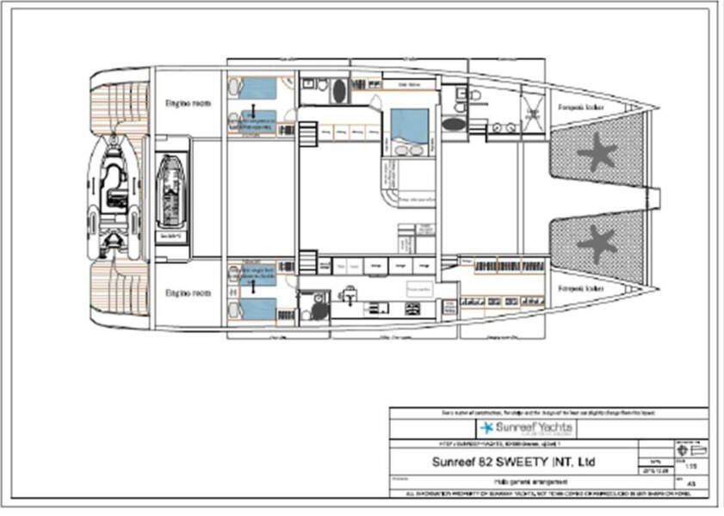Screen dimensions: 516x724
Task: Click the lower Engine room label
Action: tap(188, 293)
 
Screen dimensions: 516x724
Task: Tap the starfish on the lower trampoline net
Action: tap(597, 243)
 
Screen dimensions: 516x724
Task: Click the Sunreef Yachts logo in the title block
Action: tap(526, 427)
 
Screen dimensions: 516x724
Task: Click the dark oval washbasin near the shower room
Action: tap(454, 124)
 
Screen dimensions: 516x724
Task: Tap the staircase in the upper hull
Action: tap(307, 133)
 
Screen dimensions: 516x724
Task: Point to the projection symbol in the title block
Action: tap(691, 449)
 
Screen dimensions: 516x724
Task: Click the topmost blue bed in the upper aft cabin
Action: tap(257, 88)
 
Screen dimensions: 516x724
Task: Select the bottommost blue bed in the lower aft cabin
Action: tap(257, 309)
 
